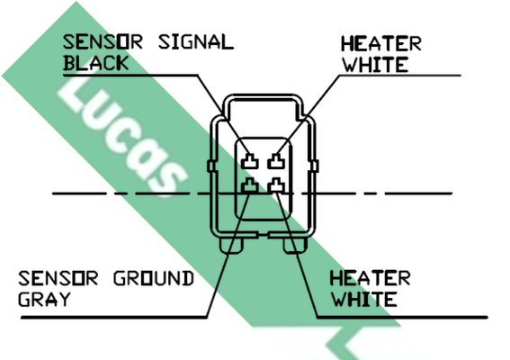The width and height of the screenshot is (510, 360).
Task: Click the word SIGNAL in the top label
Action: click(x=196, y=42)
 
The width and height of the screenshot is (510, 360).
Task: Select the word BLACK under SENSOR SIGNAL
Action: click(x=96, y=63)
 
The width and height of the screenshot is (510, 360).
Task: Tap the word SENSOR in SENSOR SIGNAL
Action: click(x=103, y=42)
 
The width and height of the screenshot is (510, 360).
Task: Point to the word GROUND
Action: click(x=154, y=279)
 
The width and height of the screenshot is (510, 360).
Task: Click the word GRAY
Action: click(x=44, y=300)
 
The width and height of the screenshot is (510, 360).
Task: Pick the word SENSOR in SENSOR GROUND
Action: click(x=58, y=279)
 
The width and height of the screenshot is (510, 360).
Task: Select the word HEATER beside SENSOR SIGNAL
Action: click(x=381, y=43)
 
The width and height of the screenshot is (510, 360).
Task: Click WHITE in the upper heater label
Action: click(x=375, y=65)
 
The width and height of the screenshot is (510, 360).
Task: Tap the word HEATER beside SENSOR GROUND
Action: click(x=371, y=279)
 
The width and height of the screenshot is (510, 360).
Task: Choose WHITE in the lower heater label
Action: click(x=364, y=300)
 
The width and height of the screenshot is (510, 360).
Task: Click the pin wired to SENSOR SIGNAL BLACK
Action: click(x=250, y=161)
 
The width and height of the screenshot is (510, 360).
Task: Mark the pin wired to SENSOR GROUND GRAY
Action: click(x=250, y=185)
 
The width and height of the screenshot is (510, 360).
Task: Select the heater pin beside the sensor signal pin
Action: click(x=276, y=161)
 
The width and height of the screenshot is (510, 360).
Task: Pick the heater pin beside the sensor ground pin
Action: click(x=276, y=185)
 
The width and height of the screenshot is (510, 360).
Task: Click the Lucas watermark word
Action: click(x=122, y=137)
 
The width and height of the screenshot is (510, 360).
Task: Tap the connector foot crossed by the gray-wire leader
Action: click(x=231, y=245)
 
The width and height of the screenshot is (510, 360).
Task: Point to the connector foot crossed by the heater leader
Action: click(x=295, y=245)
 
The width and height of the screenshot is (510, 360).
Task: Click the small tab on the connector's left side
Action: click(x=211, y=166)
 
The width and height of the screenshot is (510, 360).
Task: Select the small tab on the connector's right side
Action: click(x=315, y=166)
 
